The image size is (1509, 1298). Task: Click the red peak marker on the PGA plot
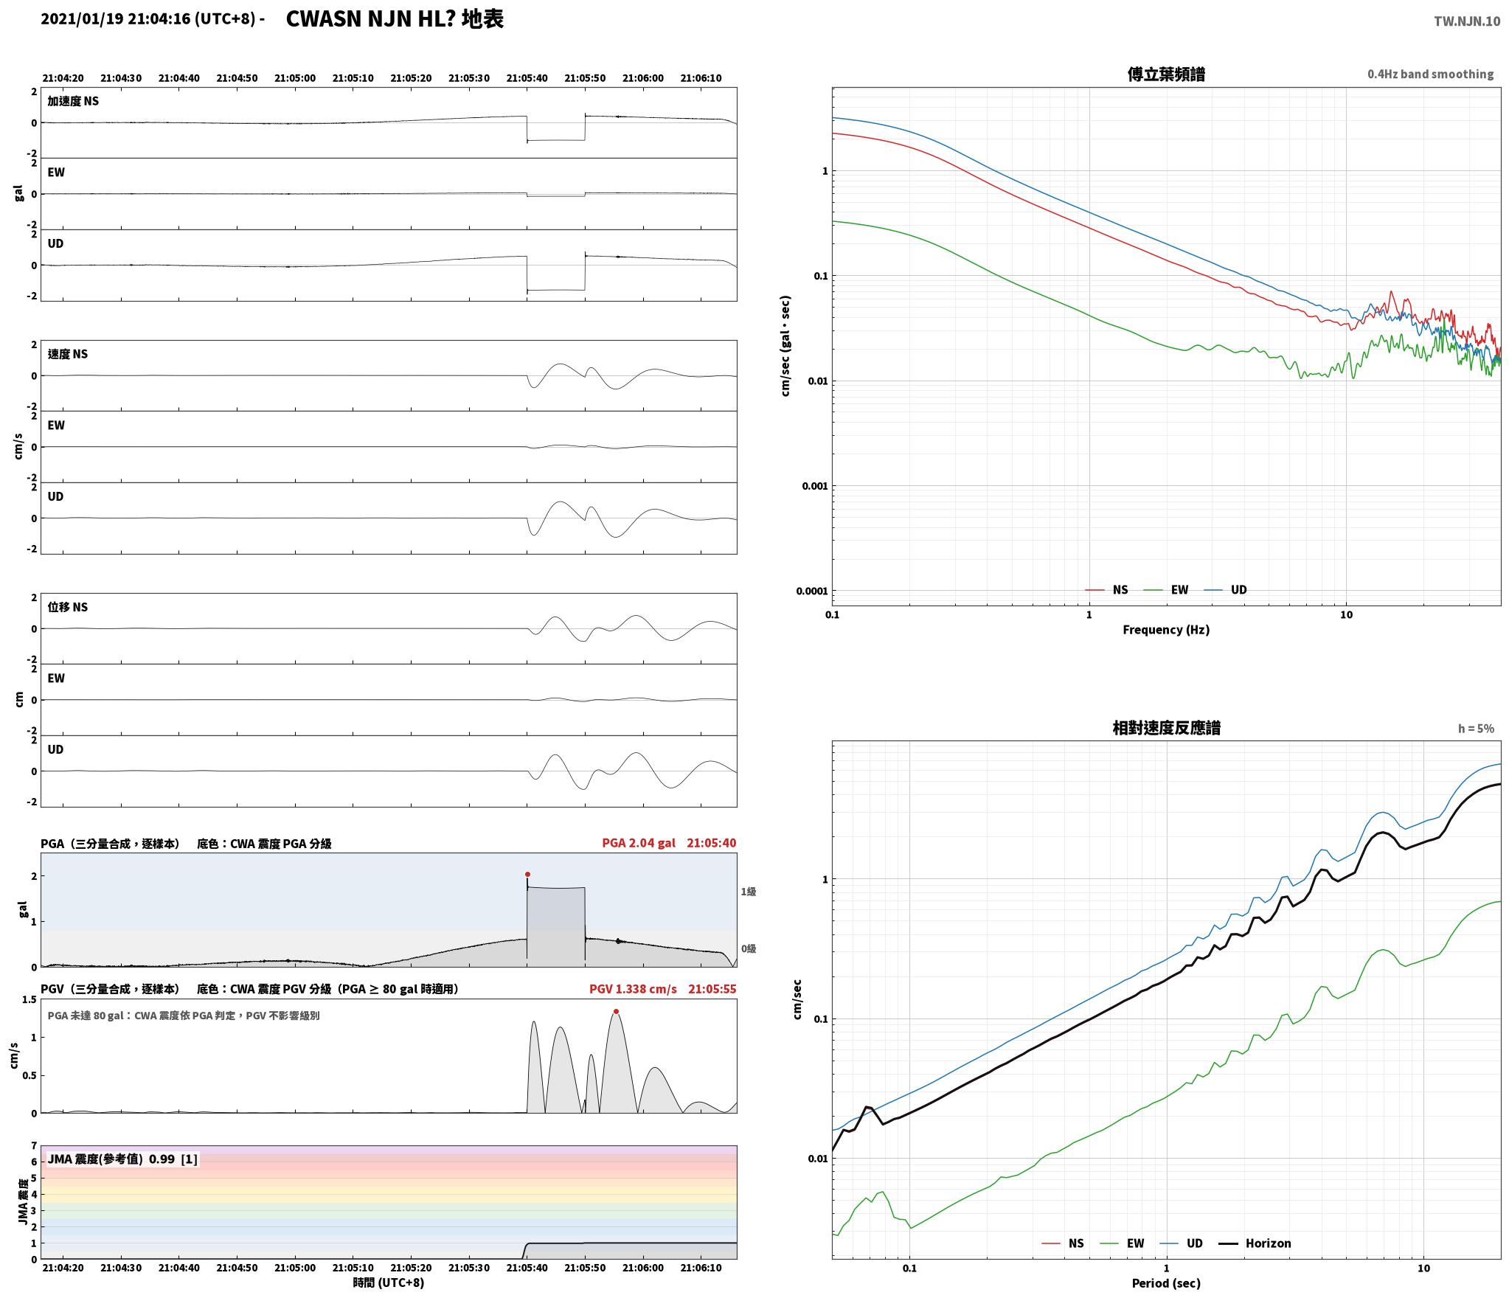527,874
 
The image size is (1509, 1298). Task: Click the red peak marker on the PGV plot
616,1011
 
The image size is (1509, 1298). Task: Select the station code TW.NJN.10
1466,21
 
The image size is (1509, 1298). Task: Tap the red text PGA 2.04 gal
639,843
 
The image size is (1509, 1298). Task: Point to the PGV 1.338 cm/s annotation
633,989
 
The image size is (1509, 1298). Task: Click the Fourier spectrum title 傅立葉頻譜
1166,74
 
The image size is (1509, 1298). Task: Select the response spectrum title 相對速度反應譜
1166,728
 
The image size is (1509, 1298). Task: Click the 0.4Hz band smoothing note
1430,74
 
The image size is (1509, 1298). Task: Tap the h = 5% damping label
1476,729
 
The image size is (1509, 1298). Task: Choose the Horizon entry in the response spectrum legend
1268,1243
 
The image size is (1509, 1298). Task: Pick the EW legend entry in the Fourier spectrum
1179,590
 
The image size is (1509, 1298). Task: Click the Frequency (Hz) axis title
1166,630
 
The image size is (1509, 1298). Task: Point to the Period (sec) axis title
1166,1284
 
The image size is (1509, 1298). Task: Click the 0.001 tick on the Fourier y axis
814,486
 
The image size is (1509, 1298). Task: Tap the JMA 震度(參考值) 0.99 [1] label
122,1159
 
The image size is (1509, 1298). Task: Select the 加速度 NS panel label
73,101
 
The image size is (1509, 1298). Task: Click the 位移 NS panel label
67,607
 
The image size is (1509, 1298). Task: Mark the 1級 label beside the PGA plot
749,892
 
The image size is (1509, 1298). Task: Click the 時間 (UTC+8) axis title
389,1283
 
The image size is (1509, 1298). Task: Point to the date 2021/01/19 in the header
82,19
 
